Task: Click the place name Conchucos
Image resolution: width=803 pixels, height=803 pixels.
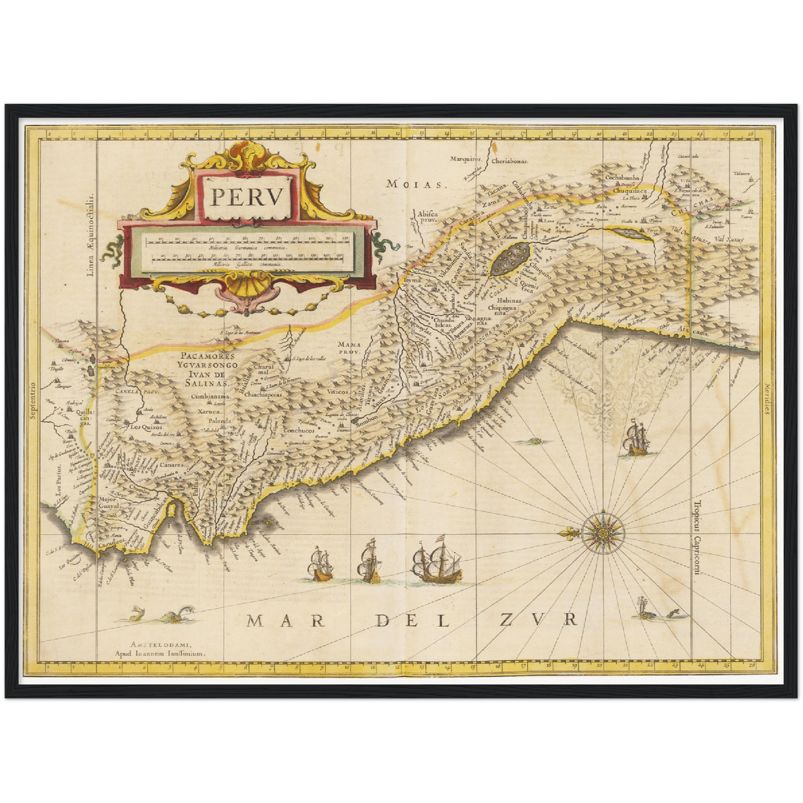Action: (x=300, y=430)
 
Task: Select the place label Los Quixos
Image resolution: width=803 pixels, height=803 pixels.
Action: (x=146, y=427)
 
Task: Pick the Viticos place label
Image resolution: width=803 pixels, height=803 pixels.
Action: (x=338, y=392)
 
